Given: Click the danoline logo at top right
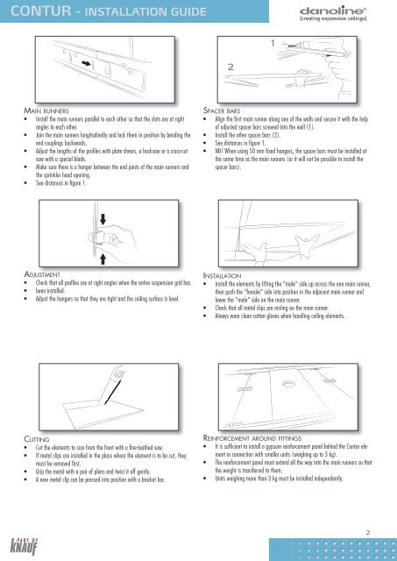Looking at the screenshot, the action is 333,14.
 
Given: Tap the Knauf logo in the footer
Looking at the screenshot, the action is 24,546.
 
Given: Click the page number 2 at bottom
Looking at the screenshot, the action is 368,532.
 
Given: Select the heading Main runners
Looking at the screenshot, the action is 46,110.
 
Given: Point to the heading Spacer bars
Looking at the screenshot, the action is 222,110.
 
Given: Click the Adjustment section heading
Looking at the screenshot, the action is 42,274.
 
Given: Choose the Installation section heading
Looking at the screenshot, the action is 222,275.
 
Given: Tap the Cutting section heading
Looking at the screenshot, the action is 37,439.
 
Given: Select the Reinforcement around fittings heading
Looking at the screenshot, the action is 252,438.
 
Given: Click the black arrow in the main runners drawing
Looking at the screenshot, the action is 86,63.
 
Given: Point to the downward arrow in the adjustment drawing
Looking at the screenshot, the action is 103,219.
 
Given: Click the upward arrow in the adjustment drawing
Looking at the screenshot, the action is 103,259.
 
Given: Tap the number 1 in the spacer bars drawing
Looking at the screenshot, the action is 273,43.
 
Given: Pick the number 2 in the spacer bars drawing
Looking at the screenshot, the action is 230,67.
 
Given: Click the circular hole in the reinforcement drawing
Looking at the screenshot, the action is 288,384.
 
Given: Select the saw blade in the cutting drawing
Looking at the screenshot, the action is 113,393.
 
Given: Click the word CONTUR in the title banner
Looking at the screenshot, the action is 41,11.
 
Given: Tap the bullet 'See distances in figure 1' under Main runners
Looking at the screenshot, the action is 60,183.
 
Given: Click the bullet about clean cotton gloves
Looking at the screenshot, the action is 280,316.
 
